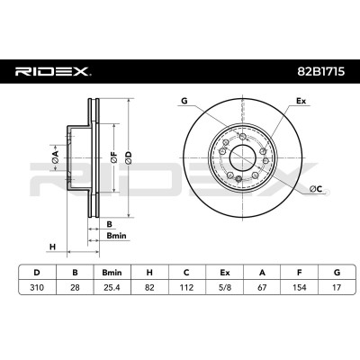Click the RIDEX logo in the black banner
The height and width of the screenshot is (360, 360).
(53, 72)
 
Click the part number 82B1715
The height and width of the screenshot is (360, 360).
(321, 72)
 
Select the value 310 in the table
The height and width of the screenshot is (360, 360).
(37, 287)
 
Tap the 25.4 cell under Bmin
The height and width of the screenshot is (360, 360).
(112, 287)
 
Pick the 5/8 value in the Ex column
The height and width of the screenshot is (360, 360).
(224, 287)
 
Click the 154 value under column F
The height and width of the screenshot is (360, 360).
(299, 287)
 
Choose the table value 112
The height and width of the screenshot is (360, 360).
(186, 287)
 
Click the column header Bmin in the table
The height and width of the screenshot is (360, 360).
(112, 273)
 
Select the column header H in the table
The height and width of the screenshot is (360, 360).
(149, 273)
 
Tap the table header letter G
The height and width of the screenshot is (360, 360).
(337, 273)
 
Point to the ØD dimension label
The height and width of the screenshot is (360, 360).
(128, 157)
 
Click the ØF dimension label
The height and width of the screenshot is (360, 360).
(113, 157)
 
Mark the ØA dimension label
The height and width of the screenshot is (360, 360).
(55, 157)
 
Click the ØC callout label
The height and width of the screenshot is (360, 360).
(316, 189)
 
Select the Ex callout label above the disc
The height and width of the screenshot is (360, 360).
(301, 101)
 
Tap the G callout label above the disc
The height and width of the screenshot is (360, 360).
(184, 101)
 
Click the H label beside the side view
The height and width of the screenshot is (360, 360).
(52, 247)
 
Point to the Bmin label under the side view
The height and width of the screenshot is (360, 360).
(117, 236)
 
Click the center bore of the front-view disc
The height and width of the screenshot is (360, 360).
(242, 157)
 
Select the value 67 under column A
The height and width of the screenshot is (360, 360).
(262, 287)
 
